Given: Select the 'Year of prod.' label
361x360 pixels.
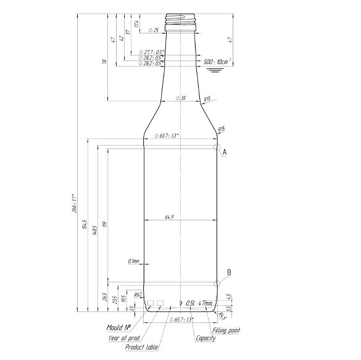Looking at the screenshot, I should point(123,338).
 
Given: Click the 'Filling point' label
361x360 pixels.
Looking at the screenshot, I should point(226,330).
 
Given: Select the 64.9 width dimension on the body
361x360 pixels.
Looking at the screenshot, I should point(168,217).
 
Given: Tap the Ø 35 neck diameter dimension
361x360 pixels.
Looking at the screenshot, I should point(180,98).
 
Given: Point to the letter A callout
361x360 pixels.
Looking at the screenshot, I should point(225,151).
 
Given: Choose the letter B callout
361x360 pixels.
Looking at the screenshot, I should point(228,272).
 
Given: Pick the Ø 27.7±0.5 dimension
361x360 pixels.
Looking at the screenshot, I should point(152,52).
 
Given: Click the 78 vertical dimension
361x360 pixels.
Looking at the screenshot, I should point(105,62).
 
